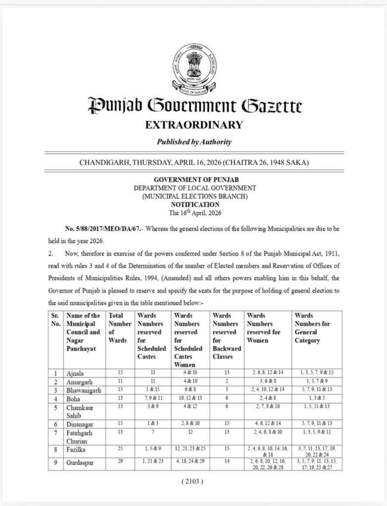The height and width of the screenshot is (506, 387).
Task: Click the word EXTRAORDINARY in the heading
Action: coord(194,125)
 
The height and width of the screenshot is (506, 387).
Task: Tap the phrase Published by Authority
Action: coord(194,142)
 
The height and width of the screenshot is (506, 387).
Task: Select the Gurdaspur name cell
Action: coord(79,463)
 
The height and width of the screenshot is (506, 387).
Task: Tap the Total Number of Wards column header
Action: coord(117,328)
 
